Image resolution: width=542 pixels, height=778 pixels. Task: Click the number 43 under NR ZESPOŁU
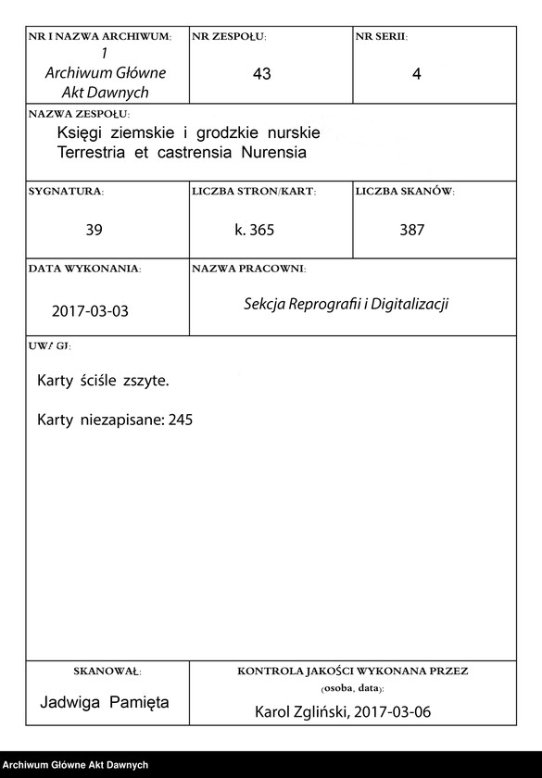(x=261, y=75)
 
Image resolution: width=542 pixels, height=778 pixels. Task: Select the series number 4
(x=416, y=75)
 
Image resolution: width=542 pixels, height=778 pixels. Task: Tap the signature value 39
(x=94, y=230)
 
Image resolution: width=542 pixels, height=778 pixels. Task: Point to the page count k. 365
(x=254, y=230)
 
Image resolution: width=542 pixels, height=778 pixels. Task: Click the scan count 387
(x=411, y=230)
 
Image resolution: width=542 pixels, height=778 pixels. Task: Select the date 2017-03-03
(x=90, y=311)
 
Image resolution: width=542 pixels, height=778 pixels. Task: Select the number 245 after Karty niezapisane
(x=181, y=420)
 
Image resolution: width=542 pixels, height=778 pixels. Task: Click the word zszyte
(x=145, y=381)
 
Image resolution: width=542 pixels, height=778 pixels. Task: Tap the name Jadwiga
(x=71, y=702)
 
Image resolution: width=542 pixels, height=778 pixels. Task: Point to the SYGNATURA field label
(x=66, y=192)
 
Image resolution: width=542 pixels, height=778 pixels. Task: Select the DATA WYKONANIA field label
(x=84, y=269)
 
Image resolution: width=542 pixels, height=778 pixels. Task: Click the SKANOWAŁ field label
(x=106, y=670)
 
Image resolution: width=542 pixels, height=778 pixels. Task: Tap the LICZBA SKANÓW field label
(x=404, y=192)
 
